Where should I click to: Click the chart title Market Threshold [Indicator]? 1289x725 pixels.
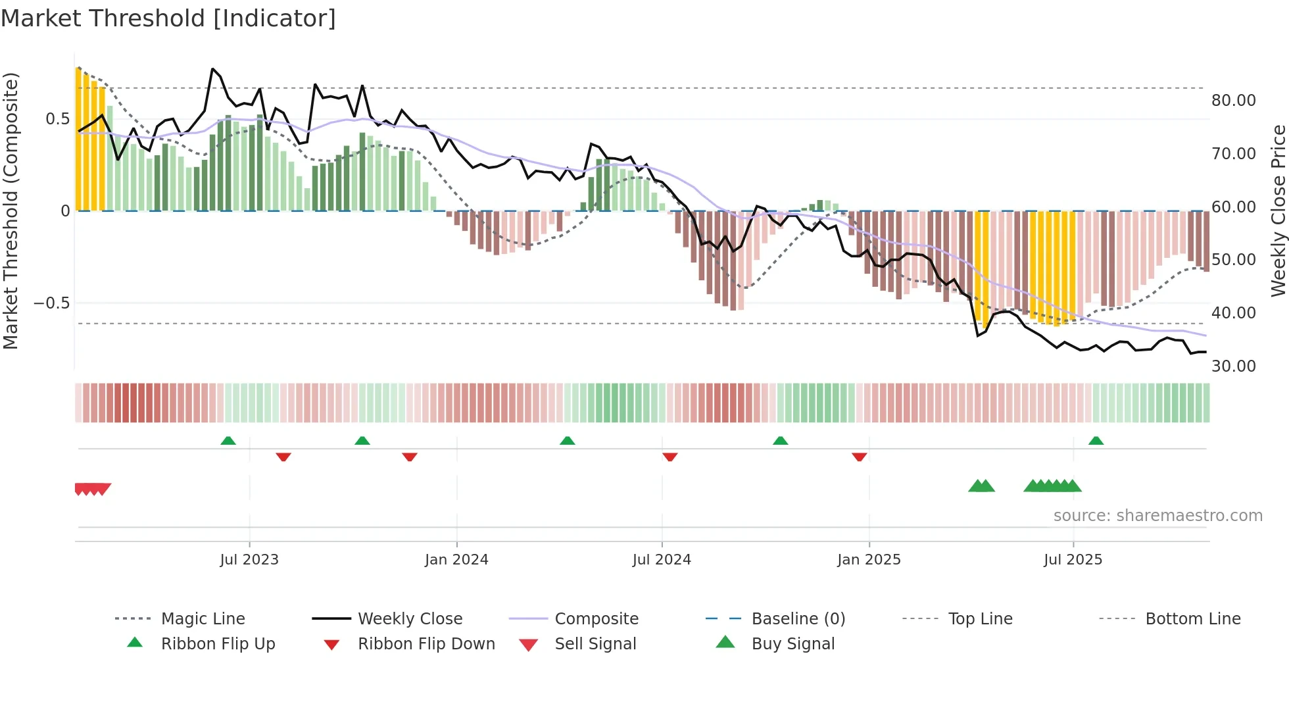pyautogui.click(x=168, y=18)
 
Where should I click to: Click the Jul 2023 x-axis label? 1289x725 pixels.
pyautogui.click(x=249, y=560)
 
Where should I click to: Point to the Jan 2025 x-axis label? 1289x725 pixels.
pyautogui.click(x=869, y=560)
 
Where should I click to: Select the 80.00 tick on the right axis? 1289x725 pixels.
pyautogui.click(x=1233, y=101)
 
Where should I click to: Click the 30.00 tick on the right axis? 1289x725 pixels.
pyautogui.click(x=1233, y=366)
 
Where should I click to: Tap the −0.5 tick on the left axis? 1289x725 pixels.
pyautogui.click(x=52, y=303)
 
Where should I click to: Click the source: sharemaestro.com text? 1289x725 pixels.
pyautogui.click(x=1157, y=516)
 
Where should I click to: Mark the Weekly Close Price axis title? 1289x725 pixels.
pyautogui.click(x=1278, y=211)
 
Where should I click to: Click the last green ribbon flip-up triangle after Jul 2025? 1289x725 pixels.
pyautogui.click(x=1096, y=441)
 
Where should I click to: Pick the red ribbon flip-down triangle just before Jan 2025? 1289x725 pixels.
pyautogui.click(x=859, y=457)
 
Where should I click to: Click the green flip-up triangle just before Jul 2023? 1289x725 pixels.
pyautogui.click(x=228, y=441)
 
